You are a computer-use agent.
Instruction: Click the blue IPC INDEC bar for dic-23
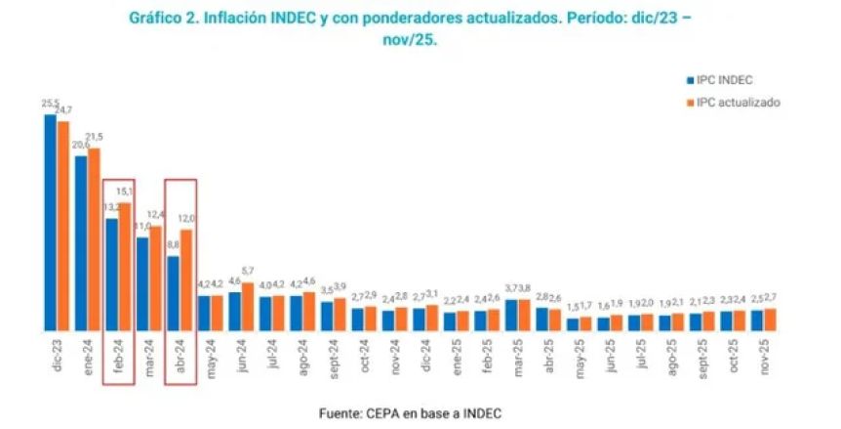click(x=50, y=222)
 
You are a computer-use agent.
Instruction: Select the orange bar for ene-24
click(x=94, y=239)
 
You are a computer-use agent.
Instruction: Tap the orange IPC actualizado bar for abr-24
click(x=185, y=279)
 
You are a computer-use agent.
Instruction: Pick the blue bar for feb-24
click(x=112, y=275)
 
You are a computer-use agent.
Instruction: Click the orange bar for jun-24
click(x=247, y=306)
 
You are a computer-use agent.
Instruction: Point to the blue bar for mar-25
click(x=511, y=315)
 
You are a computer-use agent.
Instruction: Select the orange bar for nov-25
click(x=771, y=320)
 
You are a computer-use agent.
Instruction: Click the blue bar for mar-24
click(x=142, y=283)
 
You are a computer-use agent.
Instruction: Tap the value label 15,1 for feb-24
click(x=125, y=192)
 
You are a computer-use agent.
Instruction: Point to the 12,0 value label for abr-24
click(x=186, y=218)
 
